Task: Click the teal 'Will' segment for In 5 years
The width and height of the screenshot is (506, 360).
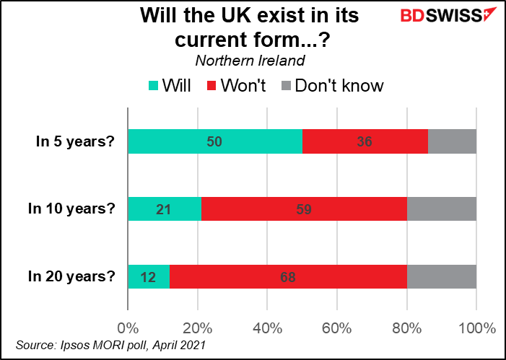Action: pos(214,141)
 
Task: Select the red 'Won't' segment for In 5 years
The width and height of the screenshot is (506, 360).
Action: pos(365,141)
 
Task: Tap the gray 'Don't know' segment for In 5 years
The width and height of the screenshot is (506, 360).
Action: pos(452,141)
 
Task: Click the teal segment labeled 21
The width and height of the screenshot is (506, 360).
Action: pos(164,208)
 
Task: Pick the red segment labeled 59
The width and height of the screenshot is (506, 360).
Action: pos(304,208)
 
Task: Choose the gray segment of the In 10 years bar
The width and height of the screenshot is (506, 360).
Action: pos(441,208)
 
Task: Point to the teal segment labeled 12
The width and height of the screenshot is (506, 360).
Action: pos(149,276)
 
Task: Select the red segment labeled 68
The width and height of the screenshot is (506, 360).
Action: pos(288,276)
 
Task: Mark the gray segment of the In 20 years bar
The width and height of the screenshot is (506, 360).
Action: pos(441,276)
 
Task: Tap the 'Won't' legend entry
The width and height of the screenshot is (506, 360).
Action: pos(233,86)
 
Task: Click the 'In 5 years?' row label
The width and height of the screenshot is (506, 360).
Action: pos(75,141)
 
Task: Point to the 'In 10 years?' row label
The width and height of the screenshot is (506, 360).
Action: pos(71,208)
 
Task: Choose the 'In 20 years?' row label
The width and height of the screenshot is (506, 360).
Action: pos(71,276)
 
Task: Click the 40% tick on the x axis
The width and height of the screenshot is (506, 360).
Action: pos(267,328)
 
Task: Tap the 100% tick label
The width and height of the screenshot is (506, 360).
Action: pos(476,328)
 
